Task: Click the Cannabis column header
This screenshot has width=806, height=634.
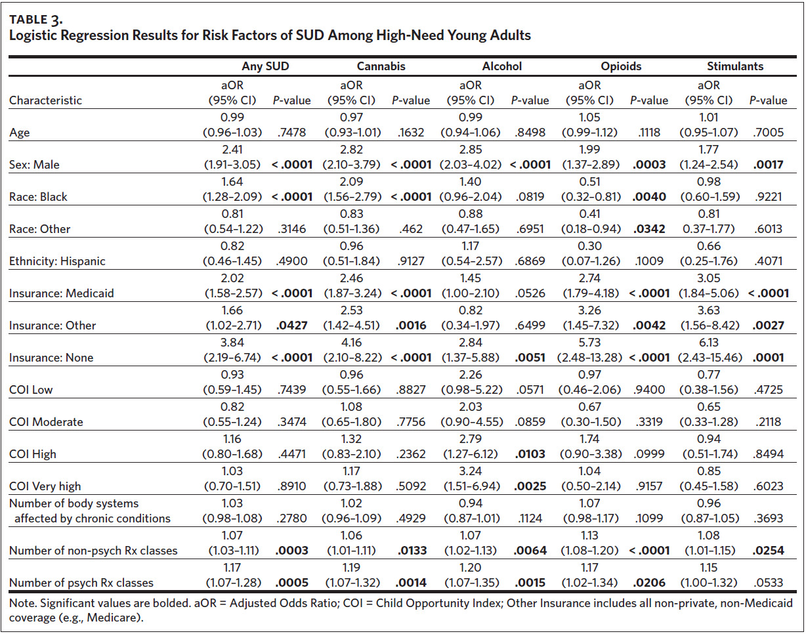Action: (381, 66)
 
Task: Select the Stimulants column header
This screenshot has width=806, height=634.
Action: (735, 66)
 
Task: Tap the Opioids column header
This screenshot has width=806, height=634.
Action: (621, 66)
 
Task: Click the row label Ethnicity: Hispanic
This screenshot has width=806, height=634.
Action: (57, 261)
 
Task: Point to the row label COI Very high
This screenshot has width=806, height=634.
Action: (45, 486)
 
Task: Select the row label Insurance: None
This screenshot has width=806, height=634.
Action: (51, 358)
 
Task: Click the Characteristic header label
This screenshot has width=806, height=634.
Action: (45, 100)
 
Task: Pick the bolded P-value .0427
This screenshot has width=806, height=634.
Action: (292, 326)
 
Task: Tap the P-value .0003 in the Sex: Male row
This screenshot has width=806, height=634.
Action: (649, 165)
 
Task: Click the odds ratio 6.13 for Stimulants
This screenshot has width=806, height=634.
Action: (709, 343)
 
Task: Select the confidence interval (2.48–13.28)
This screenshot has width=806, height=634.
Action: (589, 358)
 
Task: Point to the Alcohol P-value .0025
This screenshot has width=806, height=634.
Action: (530, 486)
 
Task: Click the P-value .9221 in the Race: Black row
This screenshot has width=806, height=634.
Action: (768, 197)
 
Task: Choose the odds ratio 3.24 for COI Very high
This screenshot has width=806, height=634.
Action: (471, 471)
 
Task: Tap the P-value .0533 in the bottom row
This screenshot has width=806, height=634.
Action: (768, 583)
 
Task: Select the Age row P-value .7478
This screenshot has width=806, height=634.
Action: (292, 133)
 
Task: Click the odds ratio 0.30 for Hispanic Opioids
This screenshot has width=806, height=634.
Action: (589, 246)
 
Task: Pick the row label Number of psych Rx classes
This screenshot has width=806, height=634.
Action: (81, 583)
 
